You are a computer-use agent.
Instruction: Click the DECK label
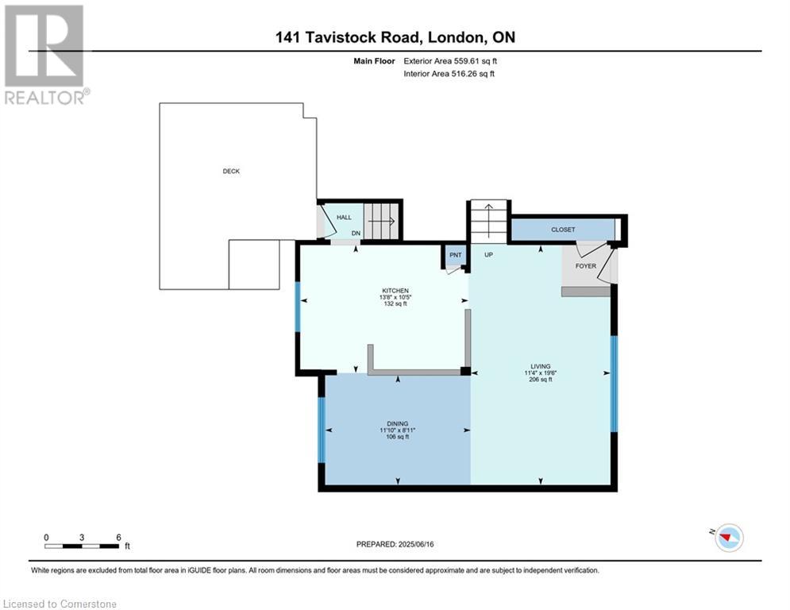(x=231, y=172)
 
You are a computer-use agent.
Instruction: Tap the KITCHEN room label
(x=395, y=291)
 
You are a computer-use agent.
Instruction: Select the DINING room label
(x=398, y=424)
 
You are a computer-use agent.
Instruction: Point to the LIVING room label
(x=541, y=366)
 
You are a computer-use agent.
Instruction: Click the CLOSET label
(x=563, y=230)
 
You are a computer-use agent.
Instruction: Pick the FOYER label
(x=585, y=265)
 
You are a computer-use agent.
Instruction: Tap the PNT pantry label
(x=456, y=255)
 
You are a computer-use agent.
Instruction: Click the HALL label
(x=344, y=218)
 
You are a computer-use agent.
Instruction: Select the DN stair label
(x=356, y=234)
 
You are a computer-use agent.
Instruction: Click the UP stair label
(x=488, y=255)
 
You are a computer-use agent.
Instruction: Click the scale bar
(x=82, y=546)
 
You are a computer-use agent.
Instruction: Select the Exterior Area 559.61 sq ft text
(x=450, y=61)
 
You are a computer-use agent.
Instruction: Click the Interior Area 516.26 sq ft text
(x=449, y=74)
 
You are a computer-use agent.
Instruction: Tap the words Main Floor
(x=374, y=61)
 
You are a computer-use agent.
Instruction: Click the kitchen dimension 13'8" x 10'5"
(x=395, y=297)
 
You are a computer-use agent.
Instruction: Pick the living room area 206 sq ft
(x=541, y=380)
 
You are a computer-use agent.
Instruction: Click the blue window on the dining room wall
(x=322, y=430)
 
